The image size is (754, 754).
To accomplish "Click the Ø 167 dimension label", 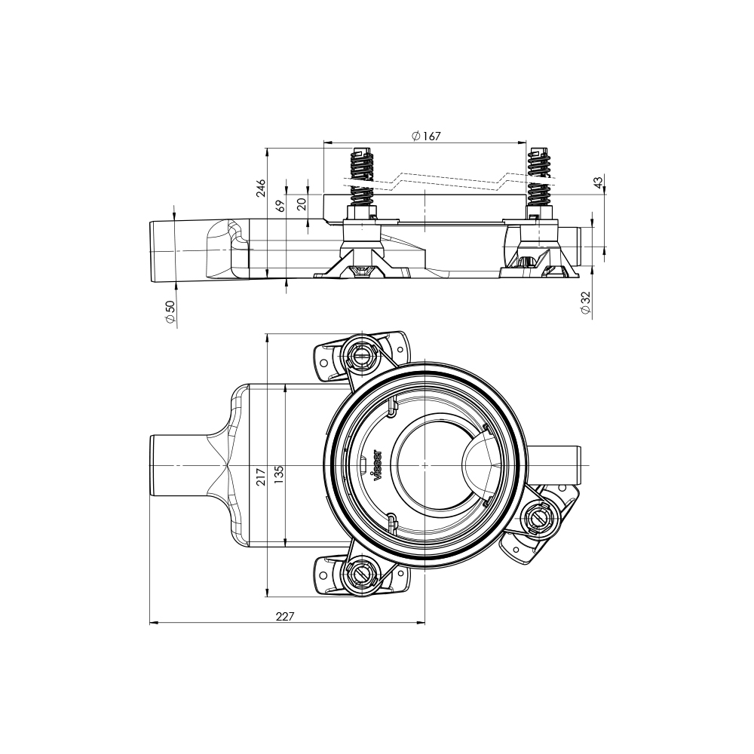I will tap(426, 136).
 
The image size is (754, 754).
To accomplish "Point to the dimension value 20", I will tap(302, 203).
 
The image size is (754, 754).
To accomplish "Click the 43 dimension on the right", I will tap(598, 183).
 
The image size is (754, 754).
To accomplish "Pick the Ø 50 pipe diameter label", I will tap(170, 312).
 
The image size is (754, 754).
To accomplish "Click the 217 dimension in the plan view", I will tap(261, 476).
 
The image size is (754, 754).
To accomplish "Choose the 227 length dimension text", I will tap(284, 616).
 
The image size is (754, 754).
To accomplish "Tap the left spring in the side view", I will tap(362, 177).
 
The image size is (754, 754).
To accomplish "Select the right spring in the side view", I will tap(539, 176).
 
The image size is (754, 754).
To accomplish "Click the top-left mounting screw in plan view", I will tap(360, 353).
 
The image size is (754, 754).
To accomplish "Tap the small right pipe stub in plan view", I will tap(562, 466).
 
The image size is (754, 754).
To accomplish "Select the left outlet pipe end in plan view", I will tap(166, 466).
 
